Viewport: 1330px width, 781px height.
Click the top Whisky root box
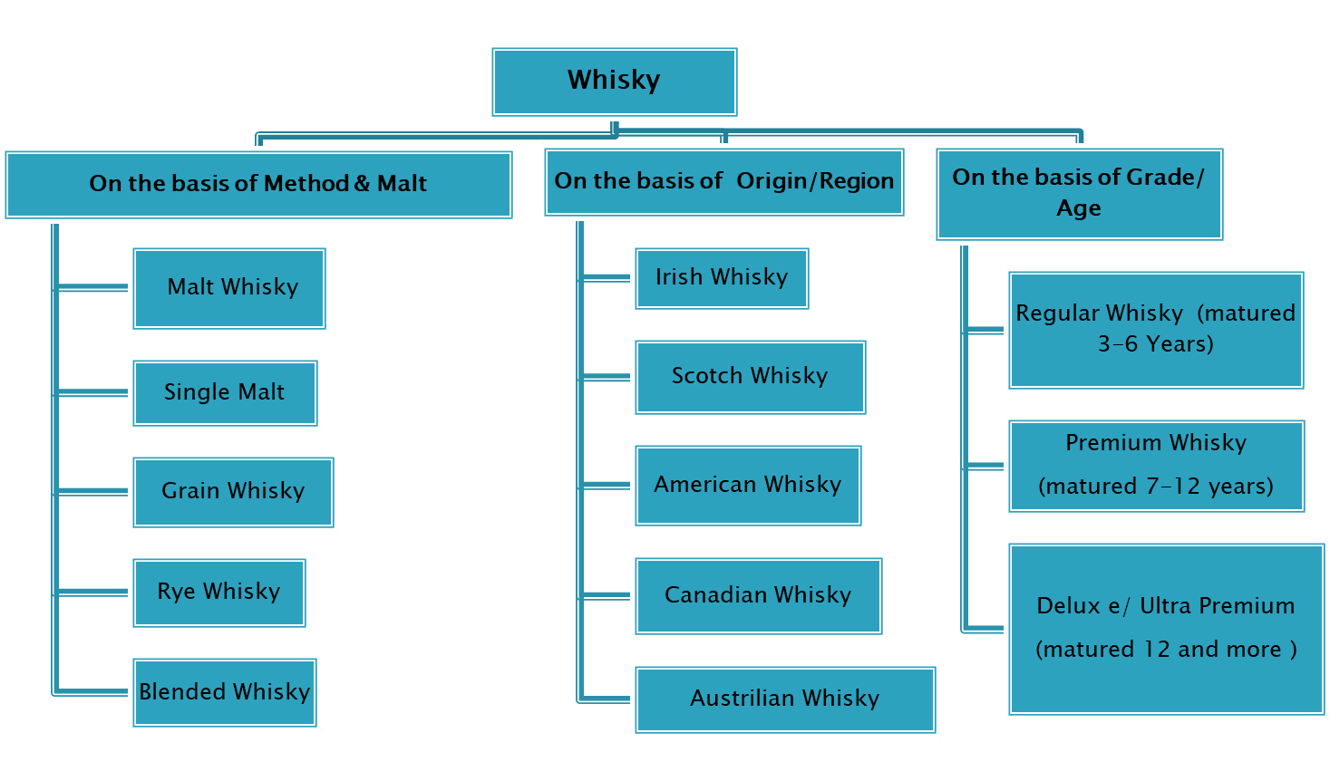click(614, 82)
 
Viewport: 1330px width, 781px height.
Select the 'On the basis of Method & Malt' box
click(258, 184)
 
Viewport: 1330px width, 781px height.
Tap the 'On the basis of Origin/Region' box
click(723, 182)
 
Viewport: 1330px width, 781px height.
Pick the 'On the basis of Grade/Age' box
click(1079, 193)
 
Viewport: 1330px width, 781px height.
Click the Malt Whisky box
click(229, 288)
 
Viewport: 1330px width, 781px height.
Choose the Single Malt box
click(225, 392)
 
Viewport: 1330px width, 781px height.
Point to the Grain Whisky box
click(233, 491)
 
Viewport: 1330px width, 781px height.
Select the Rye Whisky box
click(218, 593)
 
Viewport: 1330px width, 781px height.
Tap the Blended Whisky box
click(225, 692)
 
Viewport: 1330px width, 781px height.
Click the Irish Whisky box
click(722, 278)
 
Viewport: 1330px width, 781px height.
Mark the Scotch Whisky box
click(750, 377)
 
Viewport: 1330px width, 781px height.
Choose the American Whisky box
click(748, 486)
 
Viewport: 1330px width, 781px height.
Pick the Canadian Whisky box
click(758, 596)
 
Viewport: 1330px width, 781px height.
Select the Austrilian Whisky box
click(785, 699)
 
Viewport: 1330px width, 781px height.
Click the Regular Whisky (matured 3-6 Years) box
click(1156, 330)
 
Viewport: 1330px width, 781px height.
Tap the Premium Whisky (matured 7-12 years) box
click(1156, 466)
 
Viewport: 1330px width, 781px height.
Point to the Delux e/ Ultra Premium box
click(1166, 629)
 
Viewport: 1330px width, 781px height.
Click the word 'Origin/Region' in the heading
click(815, 181)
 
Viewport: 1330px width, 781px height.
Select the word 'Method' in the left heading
click(306, 184)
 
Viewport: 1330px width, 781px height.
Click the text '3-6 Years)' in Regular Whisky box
click(1156, 344)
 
